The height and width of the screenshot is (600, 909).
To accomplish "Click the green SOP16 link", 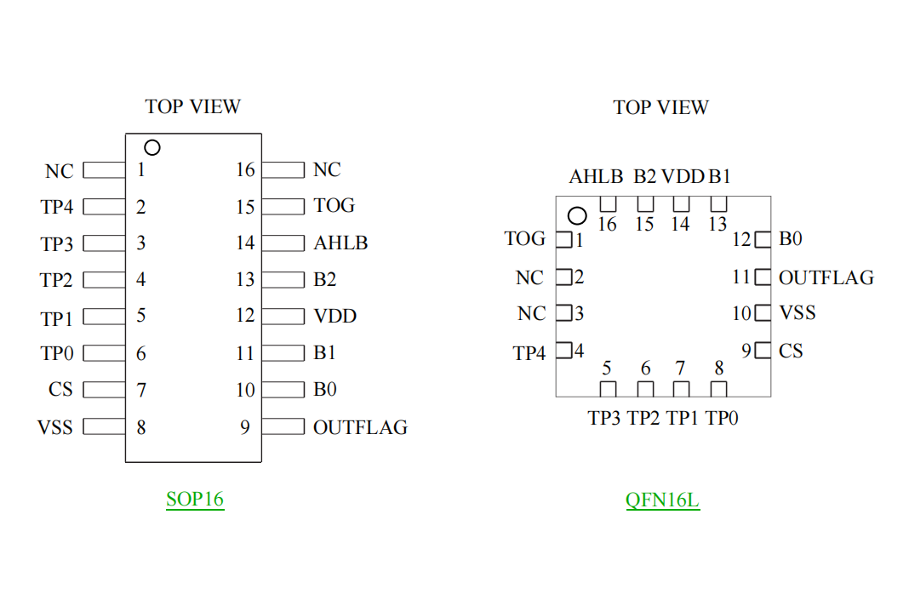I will (x=195, y=499).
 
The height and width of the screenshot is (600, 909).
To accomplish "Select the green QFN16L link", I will (x=662, y=500).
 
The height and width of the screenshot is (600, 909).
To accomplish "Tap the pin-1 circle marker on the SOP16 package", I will (x=152, y=147).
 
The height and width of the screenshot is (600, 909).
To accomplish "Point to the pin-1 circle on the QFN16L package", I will (x=578, y=215).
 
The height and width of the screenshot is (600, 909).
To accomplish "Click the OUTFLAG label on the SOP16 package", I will (x=360, y=427).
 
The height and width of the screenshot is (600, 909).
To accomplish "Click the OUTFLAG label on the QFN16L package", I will (x=826, y=277).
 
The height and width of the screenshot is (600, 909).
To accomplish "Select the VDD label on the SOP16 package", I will (x=334, y=317).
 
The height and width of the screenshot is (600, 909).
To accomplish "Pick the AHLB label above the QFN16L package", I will (x=597, y=177).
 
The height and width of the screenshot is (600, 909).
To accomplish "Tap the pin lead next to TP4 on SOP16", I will (x=104, y=206).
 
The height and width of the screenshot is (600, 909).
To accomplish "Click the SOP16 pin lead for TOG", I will (x=283, y=206).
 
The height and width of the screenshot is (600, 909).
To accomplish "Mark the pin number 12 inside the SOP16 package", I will (x=245, y=316).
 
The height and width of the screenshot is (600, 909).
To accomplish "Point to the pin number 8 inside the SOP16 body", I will (x=141, y=427).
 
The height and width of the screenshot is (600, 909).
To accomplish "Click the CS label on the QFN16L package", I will (x=791, y=351).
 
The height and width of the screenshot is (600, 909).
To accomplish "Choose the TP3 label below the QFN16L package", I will (x=604, y=419).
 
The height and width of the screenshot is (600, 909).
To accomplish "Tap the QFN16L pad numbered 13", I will (x=719, y=204).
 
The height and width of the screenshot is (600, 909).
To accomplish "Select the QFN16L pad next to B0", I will (x=763, y=239).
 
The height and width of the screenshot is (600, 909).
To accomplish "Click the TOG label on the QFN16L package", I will (x=525, y=239).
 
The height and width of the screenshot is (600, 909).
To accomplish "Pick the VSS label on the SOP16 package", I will (x=55, y=427).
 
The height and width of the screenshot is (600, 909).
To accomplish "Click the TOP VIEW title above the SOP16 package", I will (x=193, y=107).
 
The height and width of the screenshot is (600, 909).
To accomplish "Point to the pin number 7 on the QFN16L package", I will (x=680, y=369).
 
